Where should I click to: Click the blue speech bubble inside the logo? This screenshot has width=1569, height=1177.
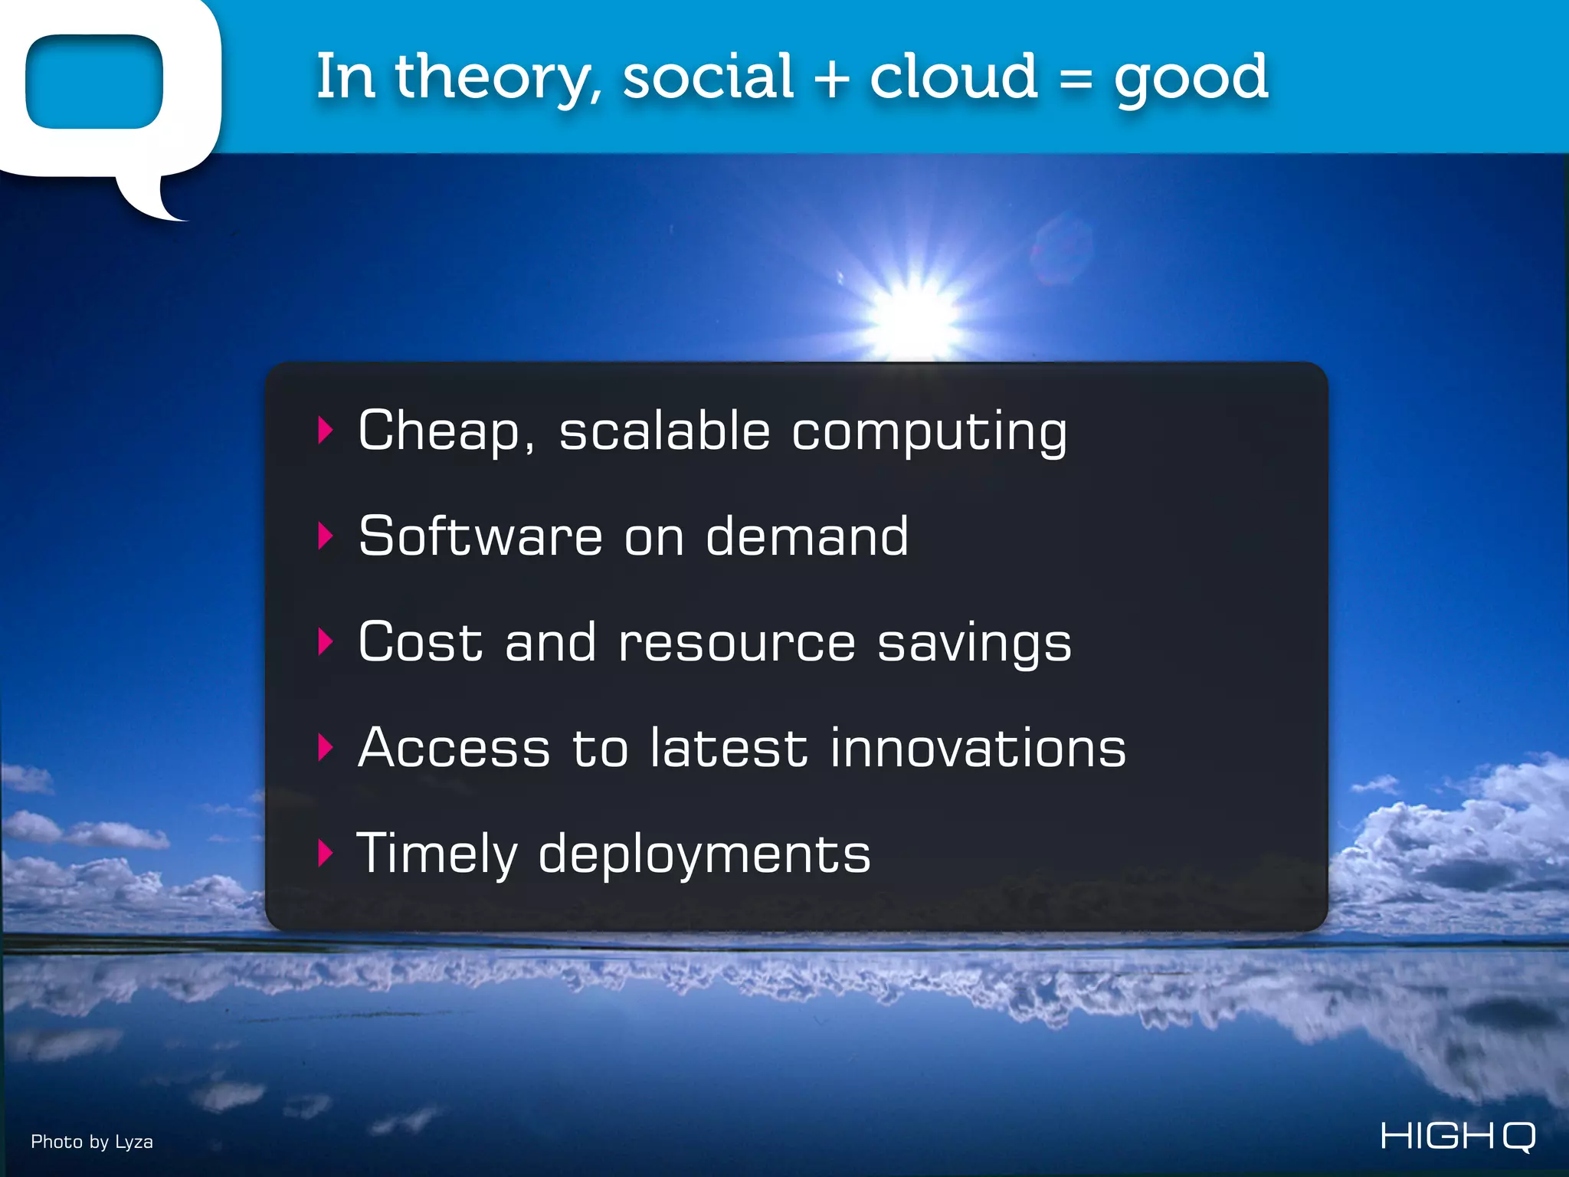click(93, 81)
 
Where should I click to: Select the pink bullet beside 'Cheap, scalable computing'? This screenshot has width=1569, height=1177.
click(326, 430)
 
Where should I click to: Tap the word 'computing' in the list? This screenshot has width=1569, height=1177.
click(929, 432)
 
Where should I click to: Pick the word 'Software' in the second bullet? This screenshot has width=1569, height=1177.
click(480, 536)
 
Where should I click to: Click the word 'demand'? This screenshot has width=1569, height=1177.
click(806, 536)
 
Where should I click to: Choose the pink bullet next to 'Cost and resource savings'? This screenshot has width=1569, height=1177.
click(326, 641)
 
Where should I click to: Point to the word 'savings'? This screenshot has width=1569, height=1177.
click(974, 644)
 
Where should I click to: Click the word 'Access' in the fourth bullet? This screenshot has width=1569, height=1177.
click(454, 747)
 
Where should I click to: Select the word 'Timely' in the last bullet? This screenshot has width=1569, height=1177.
click(437, 854)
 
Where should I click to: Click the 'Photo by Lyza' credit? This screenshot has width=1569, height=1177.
click(92, 1142)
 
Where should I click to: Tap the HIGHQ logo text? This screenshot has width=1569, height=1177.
click(1458, 1136)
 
